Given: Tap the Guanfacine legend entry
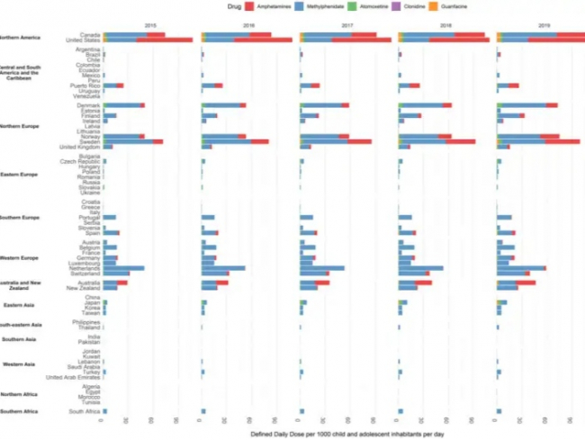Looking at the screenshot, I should (491, 5).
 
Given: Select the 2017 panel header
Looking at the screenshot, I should (346, 26).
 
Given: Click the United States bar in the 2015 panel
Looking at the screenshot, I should (148, 40).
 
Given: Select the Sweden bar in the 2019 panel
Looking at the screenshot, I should (538, 141).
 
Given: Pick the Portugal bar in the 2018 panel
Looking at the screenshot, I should (405, 217).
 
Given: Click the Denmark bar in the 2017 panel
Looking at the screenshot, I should (324, 105).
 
